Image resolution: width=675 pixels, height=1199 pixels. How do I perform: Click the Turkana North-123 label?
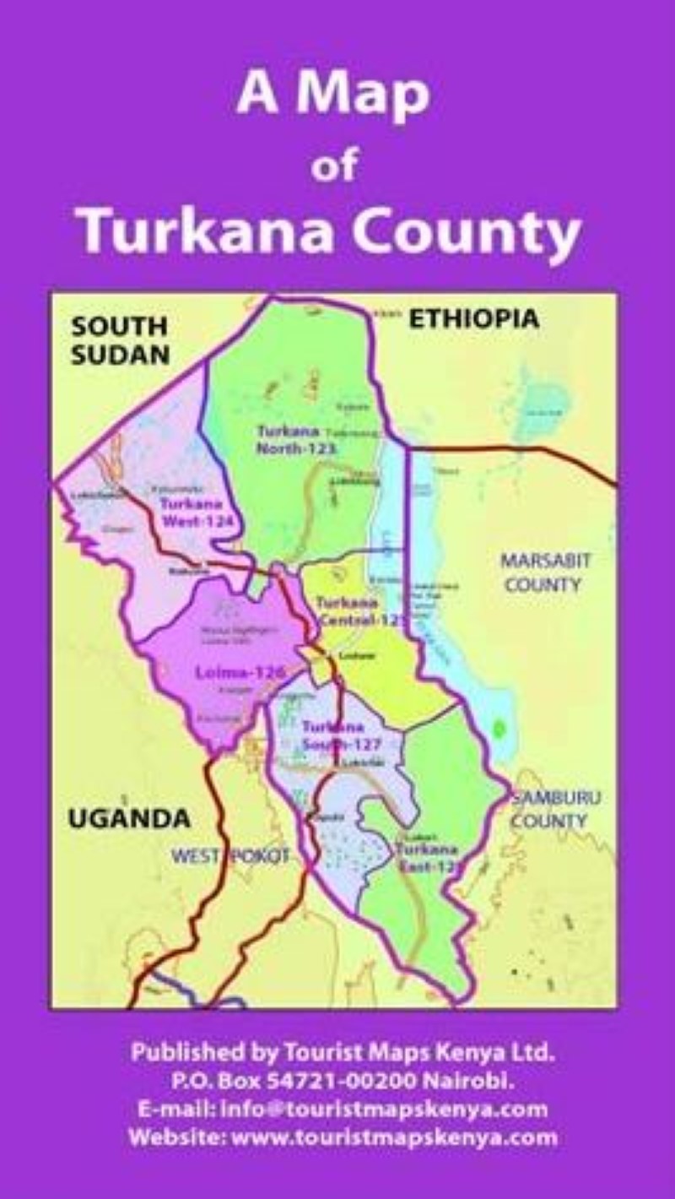(x=296, y=439)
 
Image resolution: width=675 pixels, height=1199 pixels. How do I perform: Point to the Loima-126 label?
(x=239, y=673)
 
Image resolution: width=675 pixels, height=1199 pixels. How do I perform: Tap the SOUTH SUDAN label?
(x=120, y=340)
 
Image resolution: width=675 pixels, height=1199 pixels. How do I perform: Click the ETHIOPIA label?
(x=473, y=319)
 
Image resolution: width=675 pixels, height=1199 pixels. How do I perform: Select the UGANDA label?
(x=129, y=818)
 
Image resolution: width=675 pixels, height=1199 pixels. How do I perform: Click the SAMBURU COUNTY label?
(x=549, y=809)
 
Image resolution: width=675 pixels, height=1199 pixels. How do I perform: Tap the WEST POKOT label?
(x=231, y=856)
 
